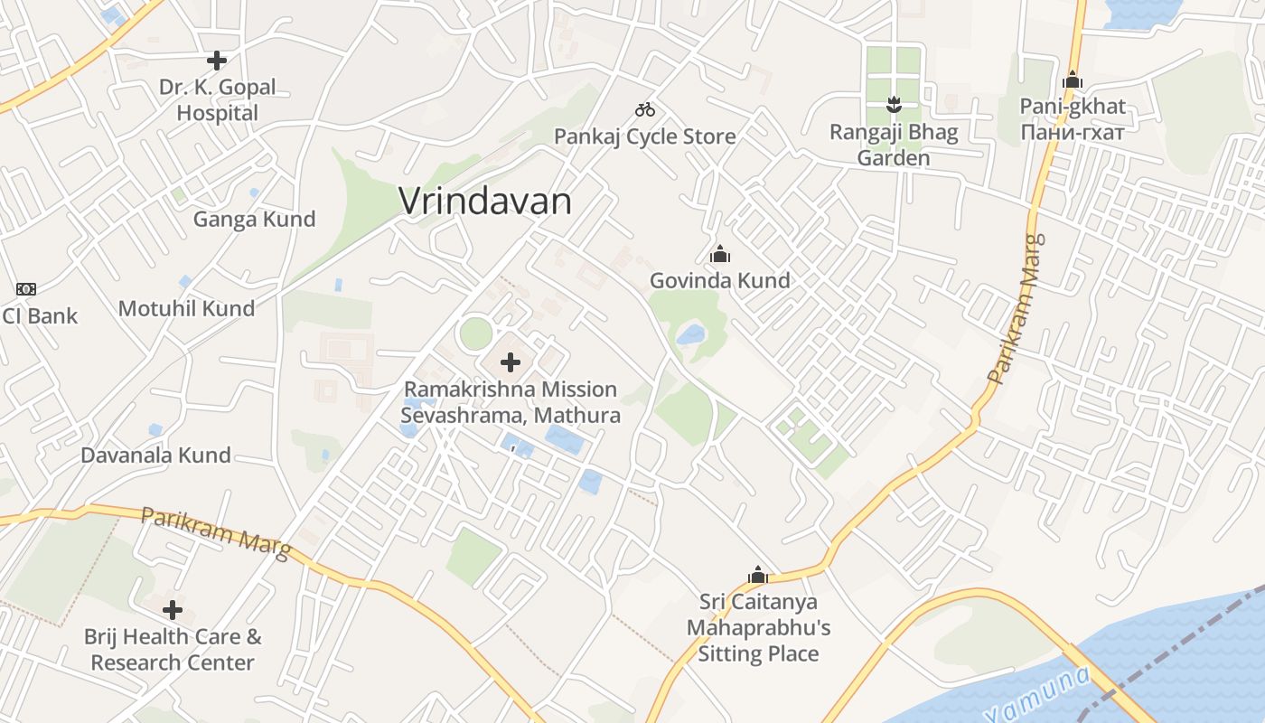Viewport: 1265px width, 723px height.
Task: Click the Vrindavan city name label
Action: [485, 201]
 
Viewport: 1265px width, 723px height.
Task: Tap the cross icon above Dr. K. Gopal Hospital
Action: [217, 61]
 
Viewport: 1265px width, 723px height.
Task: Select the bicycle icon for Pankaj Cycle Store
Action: [644, 109]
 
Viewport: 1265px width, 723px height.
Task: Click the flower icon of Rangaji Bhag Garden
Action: [894, 104]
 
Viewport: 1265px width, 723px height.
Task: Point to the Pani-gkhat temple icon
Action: [1073, 80]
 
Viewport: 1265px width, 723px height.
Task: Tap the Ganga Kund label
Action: [254, 219]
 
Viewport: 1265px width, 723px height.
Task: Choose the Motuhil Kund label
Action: [187, 308]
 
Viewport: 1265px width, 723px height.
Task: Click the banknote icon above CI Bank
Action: [26, 289]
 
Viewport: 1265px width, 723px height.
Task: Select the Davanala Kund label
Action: [155, 455]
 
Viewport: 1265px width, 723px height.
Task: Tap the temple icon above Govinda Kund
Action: [719, 254]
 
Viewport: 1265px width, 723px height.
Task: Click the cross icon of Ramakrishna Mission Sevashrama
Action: [511, 362]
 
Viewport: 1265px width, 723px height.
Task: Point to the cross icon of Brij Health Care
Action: [173, 609]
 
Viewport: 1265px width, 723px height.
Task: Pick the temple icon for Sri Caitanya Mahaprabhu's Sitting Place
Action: [757, 575]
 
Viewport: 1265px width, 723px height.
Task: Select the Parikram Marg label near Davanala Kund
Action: [215, 532]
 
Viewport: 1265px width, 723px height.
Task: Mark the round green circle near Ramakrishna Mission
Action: [476, 333]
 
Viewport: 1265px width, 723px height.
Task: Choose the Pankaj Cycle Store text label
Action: [644, 136]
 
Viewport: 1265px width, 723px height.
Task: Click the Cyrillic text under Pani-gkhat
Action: [1073, 132]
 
